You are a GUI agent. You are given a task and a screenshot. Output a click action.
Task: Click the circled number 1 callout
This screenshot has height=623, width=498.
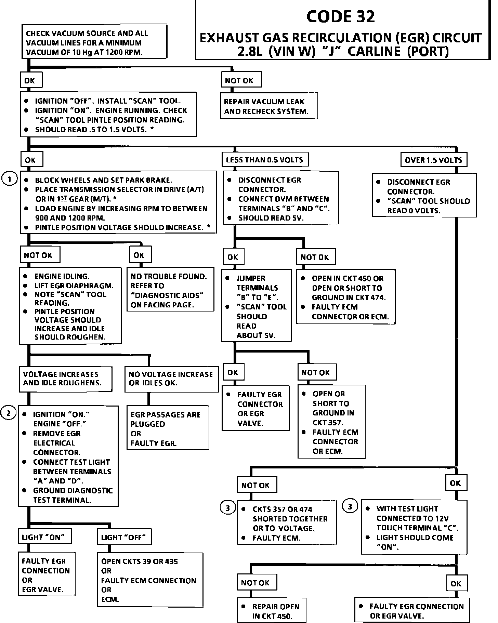coord(10,179)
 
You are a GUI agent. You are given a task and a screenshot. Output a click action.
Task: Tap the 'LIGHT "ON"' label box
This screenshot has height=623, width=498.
coord(44,537)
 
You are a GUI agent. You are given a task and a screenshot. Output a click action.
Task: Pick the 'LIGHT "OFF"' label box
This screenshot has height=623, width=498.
coord(124,537)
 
